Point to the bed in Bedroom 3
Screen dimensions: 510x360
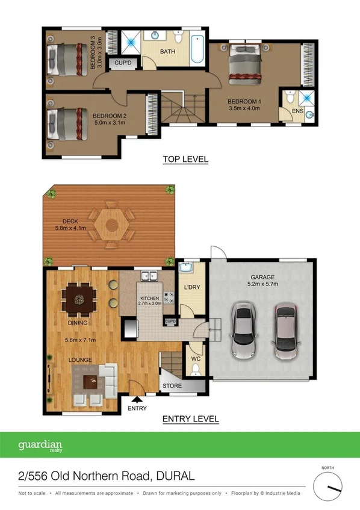click(x=67, y=57)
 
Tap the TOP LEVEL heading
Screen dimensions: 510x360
click(x=185, y=160)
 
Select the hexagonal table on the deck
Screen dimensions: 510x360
click(x=111, y=225)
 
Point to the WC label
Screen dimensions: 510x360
click(x=195, y=359)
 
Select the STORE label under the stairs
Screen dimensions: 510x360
click(x=173, y=386)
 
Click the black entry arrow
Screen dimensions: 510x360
click(x=137, y=398)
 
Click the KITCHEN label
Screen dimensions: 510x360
click(x=149, y=299)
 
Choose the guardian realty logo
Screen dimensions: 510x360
click(x=40, y=447)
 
